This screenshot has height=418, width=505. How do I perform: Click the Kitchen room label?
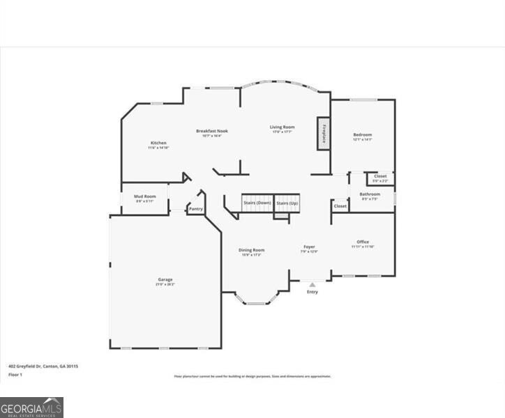pos(158,144)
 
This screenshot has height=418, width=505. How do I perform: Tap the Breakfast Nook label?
pos(211,131)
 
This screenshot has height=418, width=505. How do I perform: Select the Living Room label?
pos(282,127)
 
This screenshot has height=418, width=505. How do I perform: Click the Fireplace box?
pos(324,132)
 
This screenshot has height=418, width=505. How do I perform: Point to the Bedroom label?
pos(362,135)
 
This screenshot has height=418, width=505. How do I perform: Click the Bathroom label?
pos(370,194)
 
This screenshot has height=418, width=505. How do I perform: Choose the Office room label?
pos(363,242)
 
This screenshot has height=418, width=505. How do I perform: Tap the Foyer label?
pos(309,247)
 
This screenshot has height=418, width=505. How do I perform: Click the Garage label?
pos(165,280)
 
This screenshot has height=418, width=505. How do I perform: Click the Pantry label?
pos(196,208)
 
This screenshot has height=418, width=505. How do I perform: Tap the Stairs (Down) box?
pos(257,203)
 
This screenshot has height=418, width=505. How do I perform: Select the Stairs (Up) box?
pos(287,203)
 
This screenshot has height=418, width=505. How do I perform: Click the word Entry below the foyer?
pos(312,291)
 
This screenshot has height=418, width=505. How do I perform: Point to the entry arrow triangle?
pos(312,284)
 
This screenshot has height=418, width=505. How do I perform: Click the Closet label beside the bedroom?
pos(380,177)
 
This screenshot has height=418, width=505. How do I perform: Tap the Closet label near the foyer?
pos(340,206)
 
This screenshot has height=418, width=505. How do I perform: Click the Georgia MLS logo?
pos(31,407)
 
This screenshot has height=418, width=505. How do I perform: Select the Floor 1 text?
pos(15,375)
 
